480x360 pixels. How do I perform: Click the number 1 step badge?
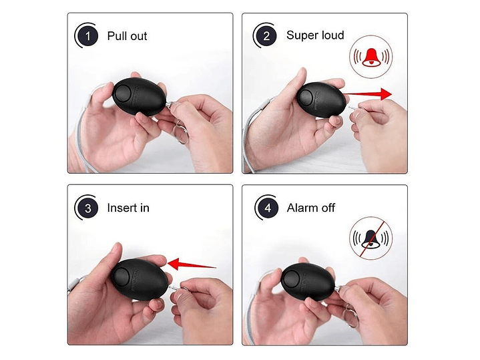(88, 36)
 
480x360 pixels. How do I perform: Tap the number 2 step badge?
(266, 36)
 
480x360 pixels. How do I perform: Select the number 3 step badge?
(88, 208)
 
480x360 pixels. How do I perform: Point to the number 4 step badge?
(268, 208)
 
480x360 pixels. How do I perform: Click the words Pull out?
(127, 36)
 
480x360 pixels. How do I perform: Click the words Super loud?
(315, 35)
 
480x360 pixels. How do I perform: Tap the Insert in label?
(128, 208)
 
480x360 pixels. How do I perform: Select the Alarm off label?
(310, 208)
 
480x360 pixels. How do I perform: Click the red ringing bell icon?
(371, 57)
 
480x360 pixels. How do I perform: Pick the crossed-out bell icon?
(371, 238)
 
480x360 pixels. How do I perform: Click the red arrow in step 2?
(367, 94)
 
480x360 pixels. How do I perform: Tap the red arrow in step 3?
(192, 264)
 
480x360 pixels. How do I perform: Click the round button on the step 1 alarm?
(123, 94)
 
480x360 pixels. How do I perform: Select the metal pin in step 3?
(174, 289)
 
